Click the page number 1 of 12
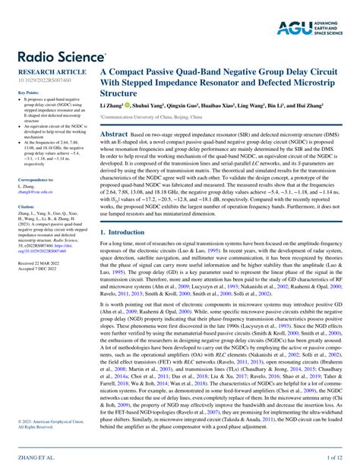tap(337, 458)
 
